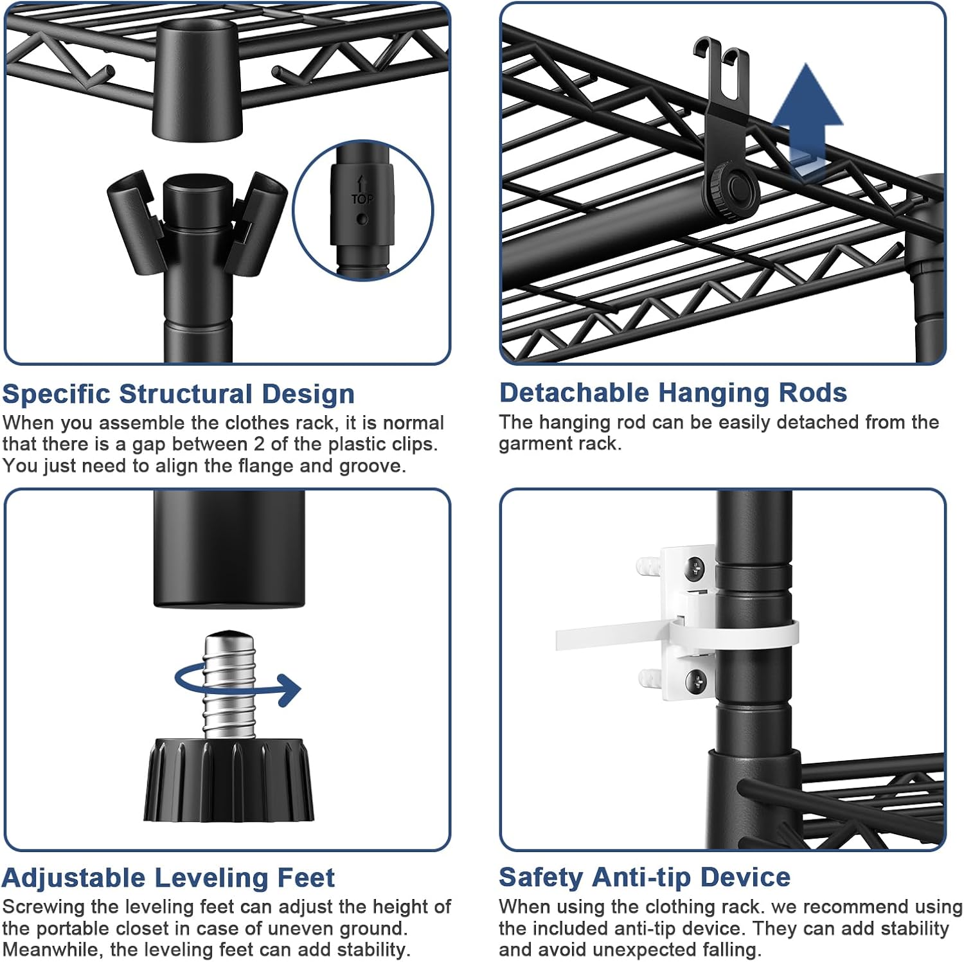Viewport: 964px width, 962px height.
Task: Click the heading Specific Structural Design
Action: (x=178, y=394)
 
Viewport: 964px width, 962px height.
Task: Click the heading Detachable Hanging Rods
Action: (x=673, y=393)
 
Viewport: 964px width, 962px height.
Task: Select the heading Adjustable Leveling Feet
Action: (x=168, y=877)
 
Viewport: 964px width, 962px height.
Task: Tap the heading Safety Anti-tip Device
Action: (x=645, y=877)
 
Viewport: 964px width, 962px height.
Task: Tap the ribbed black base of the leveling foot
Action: (x=228, y=781)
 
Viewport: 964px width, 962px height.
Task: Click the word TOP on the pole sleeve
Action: (x=362, y=199)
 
